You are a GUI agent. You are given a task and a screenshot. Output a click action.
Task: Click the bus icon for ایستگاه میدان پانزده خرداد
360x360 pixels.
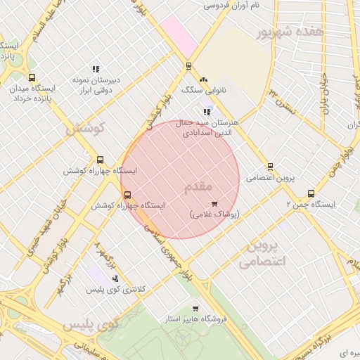point(32,78)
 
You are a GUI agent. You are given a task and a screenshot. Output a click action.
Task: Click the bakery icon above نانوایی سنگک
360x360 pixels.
point(204,80)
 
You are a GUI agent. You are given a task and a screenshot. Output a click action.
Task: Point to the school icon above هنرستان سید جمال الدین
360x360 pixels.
point(207,112)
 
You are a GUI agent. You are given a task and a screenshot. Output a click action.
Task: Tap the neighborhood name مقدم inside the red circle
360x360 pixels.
point(198,186)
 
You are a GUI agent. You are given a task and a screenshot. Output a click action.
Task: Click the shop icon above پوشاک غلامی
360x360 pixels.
point(214,203)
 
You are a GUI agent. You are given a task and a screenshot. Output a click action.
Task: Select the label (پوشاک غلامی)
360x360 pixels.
point(214,213)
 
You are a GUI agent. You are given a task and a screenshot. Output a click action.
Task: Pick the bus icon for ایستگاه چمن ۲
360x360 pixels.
point(311,194)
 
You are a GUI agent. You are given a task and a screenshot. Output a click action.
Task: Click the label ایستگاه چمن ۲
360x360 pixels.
point(310,205)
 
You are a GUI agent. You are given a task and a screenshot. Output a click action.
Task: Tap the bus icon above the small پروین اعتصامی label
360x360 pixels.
point(270,167)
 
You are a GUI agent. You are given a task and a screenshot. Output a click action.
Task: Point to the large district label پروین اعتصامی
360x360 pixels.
point(264,254)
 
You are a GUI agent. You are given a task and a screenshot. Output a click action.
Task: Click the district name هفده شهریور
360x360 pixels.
point(290,32)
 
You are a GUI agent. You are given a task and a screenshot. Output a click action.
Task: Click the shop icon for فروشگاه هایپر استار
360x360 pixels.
point(195,309)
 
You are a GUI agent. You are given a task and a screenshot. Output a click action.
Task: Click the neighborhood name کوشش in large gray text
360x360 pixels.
point(85,129)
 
